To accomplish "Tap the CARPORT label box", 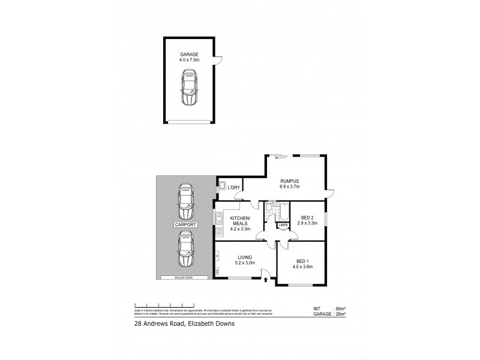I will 185,224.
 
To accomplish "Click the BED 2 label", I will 307,217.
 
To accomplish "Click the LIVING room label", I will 245,257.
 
